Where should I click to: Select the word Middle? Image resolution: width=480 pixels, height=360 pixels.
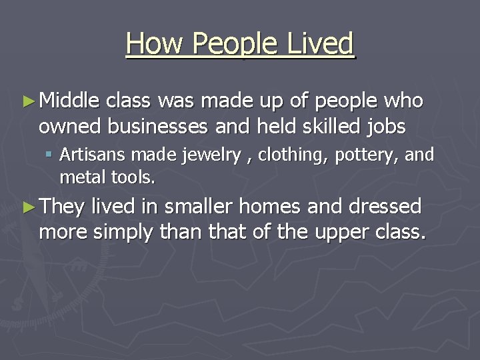(69, 101)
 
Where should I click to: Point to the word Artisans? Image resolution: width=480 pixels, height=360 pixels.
(93, 155)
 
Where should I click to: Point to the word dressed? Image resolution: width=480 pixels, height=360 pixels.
(385, 207)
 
